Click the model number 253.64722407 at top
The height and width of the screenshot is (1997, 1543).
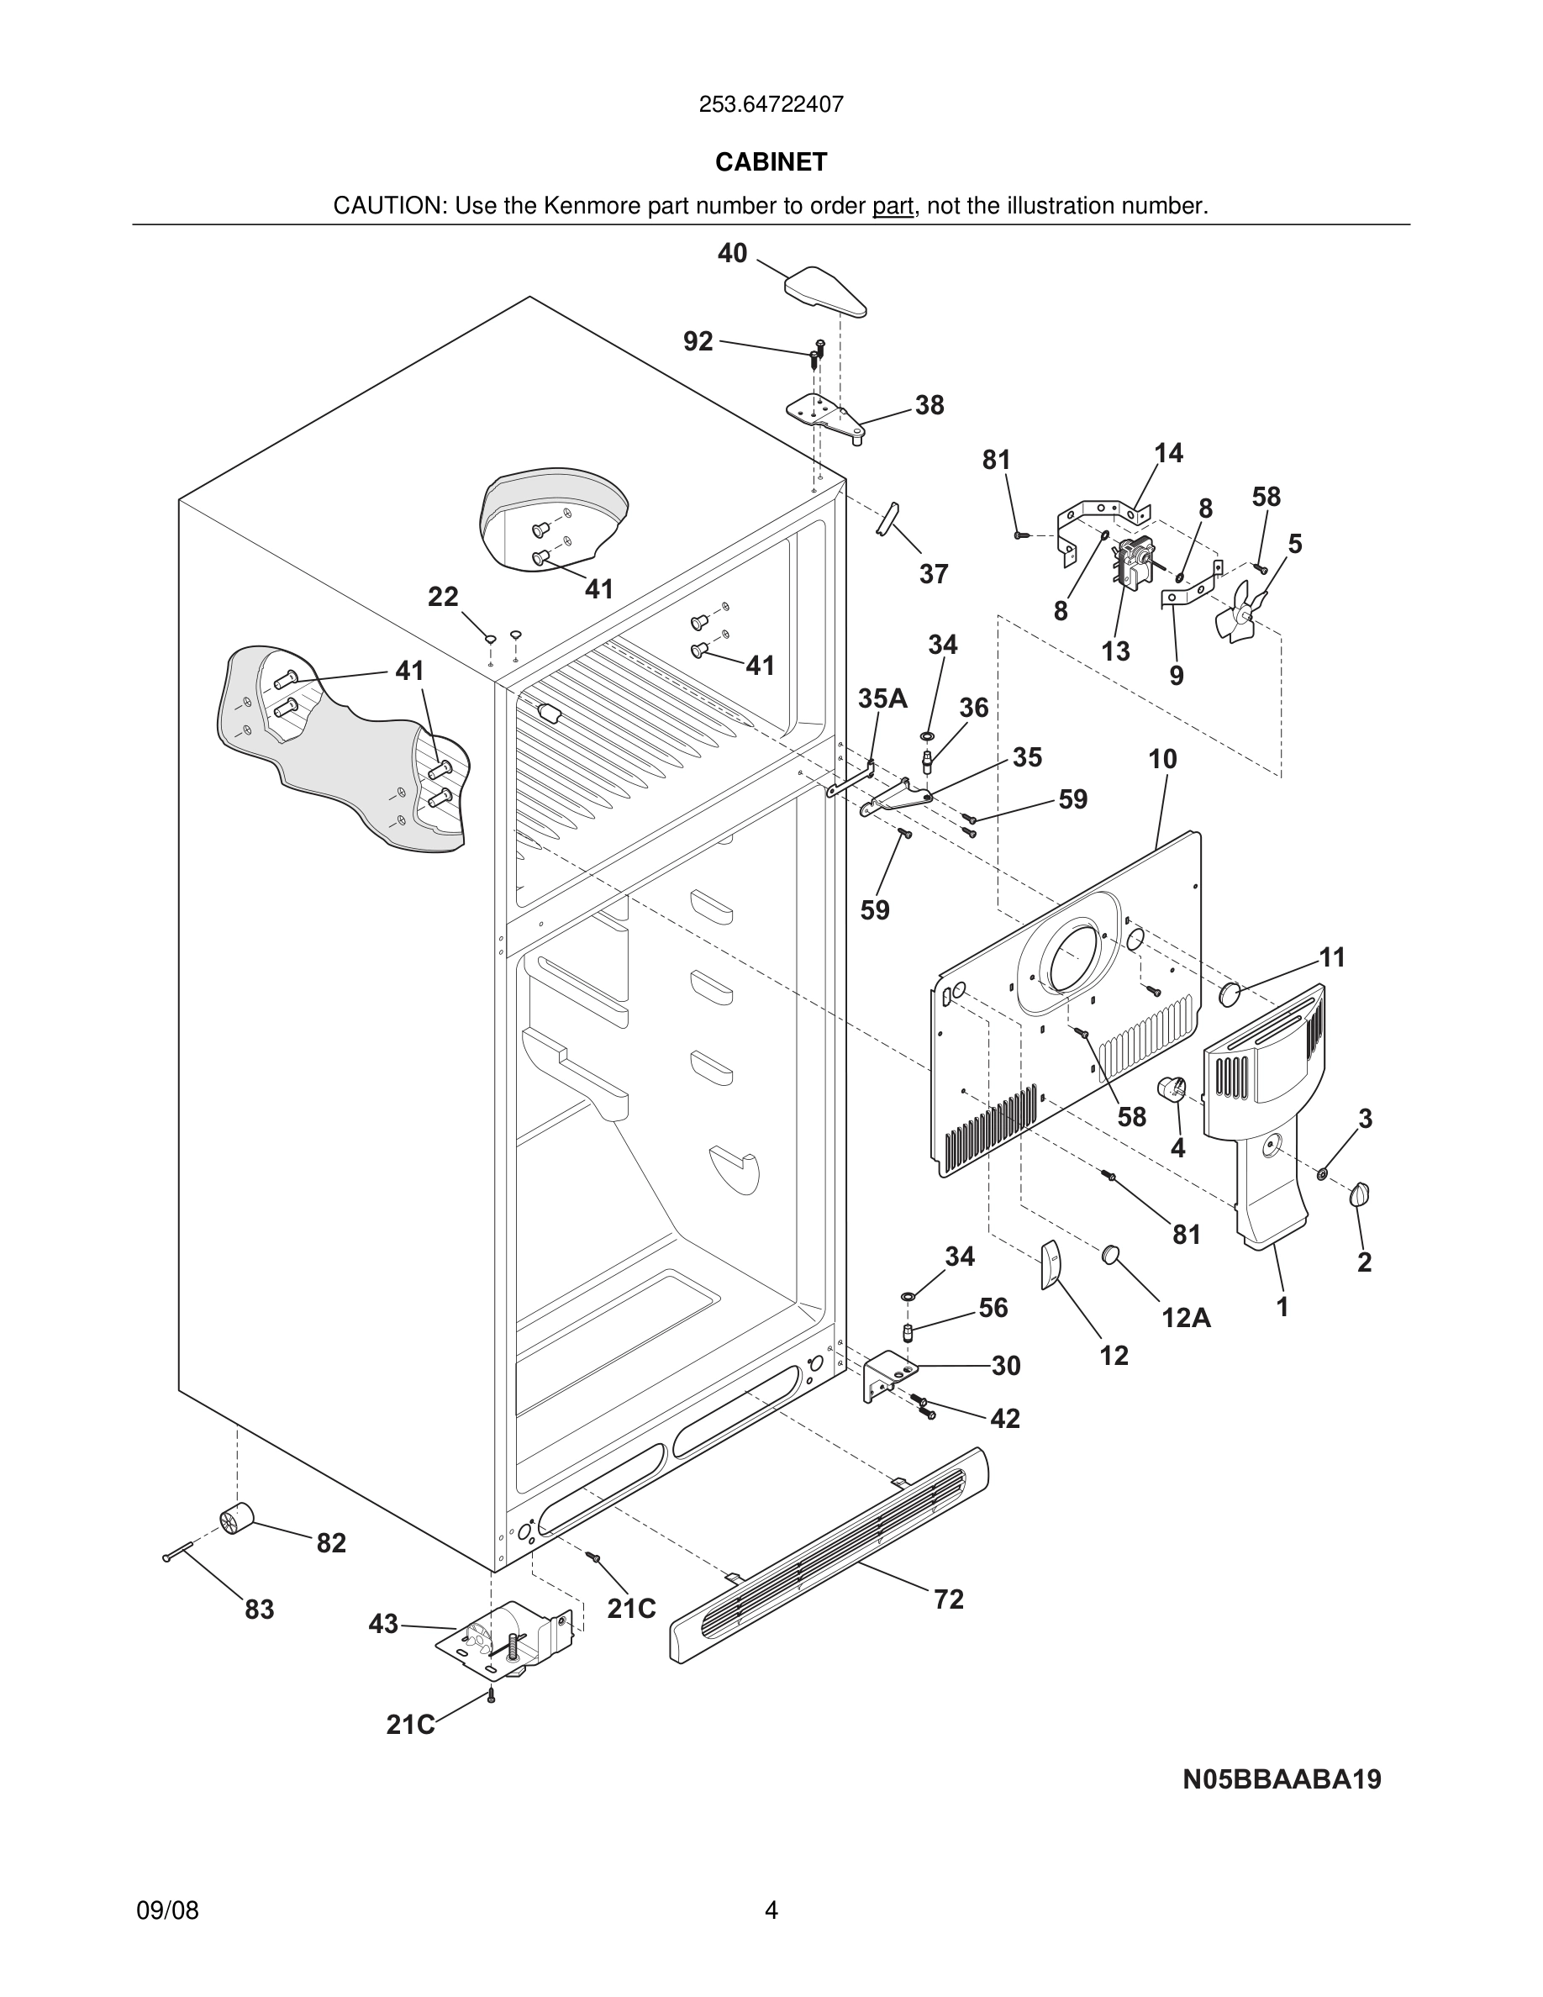click(x=771, y=104)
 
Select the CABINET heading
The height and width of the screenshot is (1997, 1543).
click(x=771, y=162)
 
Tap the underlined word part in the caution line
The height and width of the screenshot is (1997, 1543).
click(x=893, y=207)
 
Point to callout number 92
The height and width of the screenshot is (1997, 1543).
click(x=698, y=341)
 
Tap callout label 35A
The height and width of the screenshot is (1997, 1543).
click(x=882, y=698)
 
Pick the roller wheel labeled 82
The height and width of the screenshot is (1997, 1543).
click(x=237, y=1520)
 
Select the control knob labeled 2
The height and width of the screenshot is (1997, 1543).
click(x=1360, y=1194)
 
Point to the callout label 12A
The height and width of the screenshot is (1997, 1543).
click(x=1186, y=1318)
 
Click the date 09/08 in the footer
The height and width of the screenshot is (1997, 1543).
click(x=167, y=1910)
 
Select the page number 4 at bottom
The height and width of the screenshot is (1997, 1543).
click(x=771, y=1910)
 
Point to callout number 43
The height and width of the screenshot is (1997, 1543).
click(x=383, y=1623)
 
